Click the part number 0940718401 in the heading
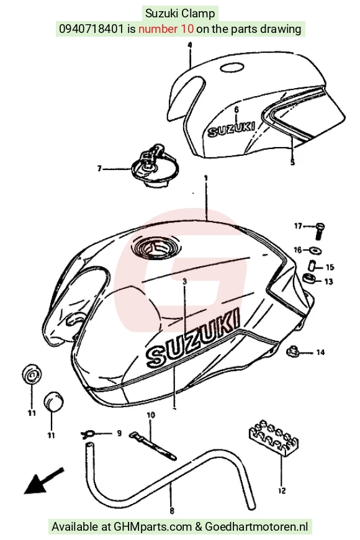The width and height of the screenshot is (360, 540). point(91,29)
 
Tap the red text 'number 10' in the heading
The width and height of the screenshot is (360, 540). point(166,29)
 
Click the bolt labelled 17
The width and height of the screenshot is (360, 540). point(320,231)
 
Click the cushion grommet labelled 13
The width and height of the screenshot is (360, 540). point(308,277)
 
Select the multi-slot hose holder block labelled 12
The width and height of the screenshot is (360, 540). point(274,438)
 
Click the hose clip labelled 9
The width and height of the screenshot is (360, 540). point(88,434)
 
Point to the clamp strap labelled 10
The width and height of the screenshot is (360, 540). point(153,446)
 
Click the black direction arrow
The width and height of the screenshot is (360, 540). point(43,480)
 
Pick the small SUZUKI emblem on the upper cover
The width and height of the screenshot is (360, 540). point(232,129)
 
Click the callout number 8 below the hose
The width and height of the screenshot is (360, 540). point(173,510)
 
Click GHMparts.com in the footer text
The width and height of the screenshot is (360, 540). point(153,526)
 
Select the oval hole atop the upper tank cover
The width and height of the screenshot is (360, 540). point(232,68)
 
